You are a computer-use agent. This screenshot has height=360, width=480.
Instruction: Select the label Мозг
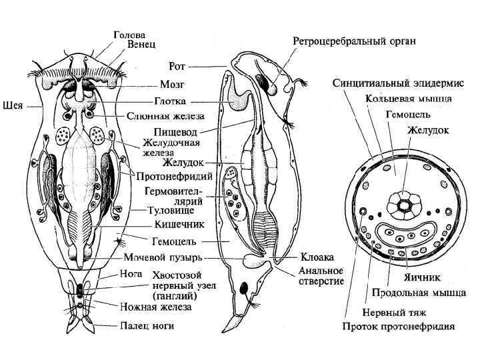(x=172, y=85)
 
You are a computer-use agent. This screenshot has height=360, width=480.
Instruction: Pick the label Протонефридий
(x=175, y=177)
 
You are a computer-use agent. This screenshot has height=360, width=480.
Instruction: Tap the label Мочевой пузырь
(x=164, y=257)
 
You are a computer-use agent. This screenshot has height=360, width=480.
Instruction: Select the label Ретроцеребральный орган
(x=355, y=41)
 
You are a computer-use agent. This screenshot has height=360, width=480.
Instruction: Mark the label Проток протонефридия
(x=399, y=327)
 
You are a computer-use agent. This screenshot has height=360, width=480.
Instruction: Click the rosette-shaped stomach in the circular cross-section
(x=403, y=203)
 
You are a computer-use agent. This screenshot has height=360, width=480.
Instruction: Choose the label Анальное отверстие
(x=321, y=276)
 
